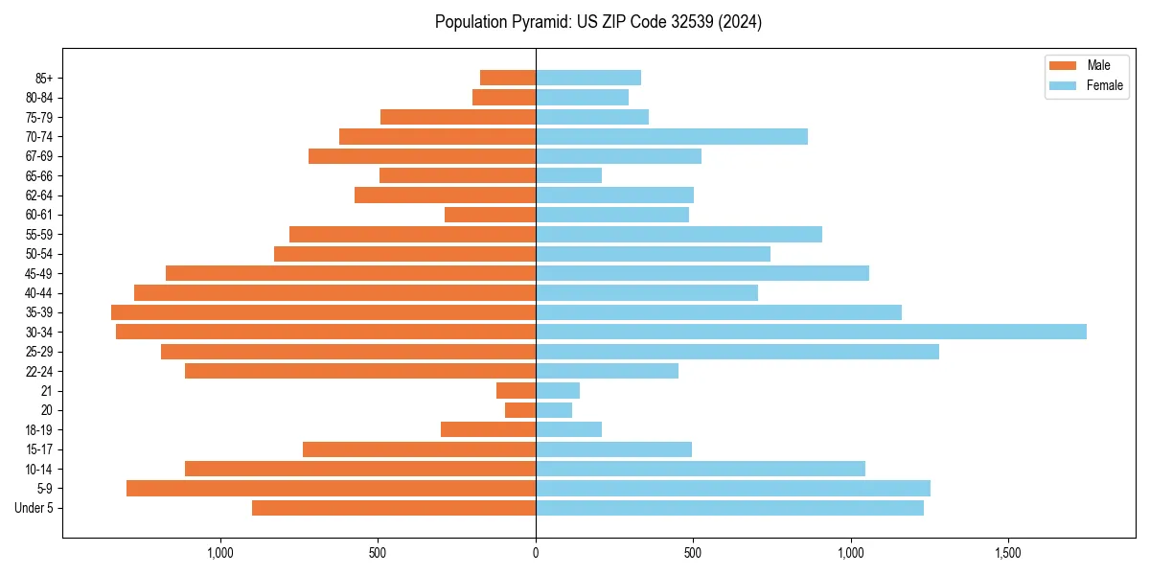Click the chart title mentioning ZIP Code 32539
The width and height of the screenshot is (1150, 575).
coord(598,22)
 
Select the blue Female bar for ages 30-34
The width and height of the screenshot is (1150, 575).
coord(811,332)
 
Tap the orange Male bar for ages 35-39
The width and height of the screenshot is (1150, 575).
coord(324,312)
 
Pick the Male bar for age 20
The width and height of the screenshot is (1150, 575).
coord(520,410)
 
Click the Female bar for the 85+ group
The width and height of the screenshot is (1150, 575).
coord(588,78)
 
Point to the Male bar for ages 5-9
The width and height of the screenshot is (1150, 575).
coord(332,489)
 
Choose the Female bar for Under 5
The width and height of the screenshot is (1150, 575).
coord(729,508)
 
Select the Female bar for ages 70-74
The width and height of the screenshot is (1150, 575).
coord(672,136)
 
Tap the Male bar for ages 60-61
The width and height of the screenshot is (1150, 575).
coord(491,215)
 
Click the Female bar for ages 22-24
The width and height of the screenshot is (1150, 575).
coord(607,371)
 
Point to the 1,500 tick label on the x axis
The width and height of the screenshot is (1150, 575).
coord(1008,553)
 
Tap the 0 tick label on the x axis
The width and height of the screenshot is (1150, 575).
coord(536,553)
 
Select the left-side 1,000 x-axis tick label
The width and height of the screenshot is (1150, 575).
coord(220,553)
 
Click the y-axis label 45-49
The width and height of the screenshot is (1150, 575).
coord(38,273)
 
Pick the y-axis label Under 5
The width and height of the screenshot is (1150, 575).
coord(34,508)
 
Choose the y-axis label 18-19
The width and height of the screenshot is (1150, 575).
coord(38,430)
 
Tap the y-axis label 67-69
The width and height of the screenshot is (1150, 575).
coord(38,156)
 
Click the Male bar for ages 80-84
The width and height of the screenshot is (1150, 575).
coord(504,97)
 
